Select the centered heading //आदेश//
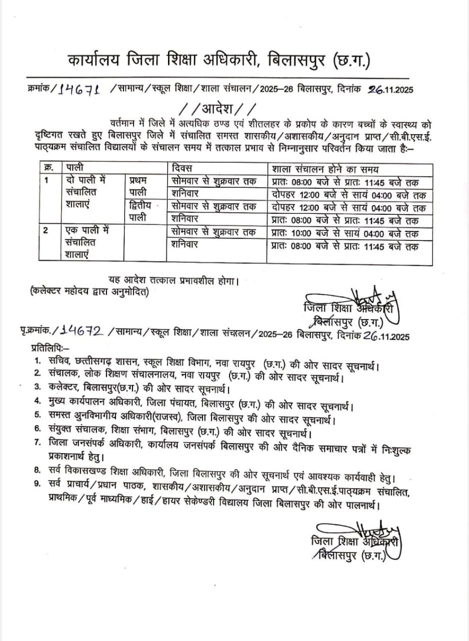coord(218,108)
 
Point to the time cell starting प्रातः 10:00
coord(345,233)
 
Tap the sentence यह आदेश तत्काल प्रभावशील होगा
coord(173,280)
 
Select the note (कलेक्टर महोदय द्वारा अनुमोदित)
coord(89,292)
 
